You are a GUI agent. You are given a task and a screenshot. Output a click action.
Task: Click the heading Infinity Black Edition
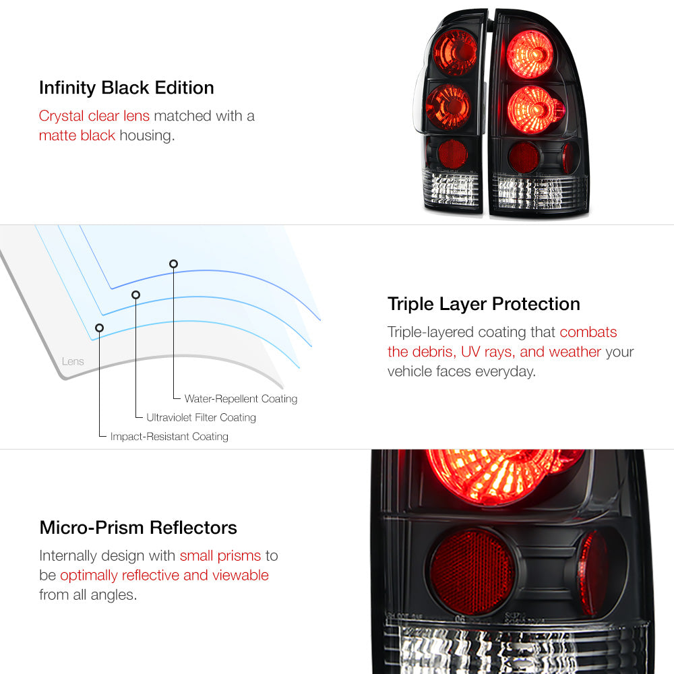click(x=127, y=88)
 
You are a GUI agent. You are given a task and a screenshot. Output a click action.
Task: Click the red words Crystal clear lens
click(x=94, y=116)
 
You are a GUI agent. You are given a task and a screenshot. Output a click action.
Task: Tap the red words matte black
click(x=77, y=135)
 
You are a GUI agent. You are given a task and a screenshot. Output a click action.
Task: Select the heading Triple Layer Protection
click(x=483, y=305)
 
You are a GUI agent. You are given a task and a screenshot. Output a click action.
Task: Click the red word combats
click(x=588, y=332)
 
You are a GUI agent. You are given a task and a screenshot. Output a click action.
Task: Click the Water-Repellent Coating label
click(x=241, y=399)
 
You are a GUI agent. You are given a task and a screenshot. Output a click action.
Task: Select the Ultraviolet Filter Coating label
click(x=201, y=417)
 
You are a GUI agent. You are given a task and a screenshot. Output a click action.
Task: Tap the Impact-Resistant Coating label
click(x=169, y=436)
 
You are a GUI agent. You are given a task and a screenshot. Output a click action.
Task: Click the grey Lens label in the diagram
click(x=73, y=361)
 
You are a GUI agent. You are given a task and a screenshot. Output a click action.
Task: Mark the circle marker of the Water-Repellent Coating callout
click(x=173, y=264)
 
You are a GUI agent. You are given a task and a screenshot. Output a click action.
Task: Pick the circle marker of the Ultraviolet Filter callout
click(x=136, y=295)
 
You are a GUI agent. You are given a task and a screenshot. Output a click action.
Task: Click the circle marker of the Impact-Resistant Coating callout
click(x=99, y=328)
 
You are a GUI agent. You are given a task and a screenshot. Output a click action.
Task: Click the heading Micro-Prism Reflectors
click(x=138, y=528)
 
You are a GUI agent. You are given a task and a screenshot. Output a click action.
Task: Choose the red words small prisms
click(x=220, y=556)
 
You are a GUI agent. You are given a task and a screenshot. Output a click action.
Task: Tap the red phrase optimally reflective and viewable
click(x=164, y=575)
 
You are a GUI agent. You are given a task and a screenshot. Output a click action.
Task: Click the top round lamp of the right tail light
click(x=530, y=54)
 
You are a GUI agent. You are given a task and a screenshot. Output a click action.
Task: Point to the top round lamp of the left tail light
click(x=454, y=53)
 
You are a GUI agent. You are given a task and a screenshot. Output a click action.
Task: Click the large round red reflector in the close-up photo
click(x=472, y=572)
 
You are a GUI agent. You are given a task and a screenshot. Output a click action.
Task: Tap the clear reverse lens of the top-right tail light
click(x=539, y=193)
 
